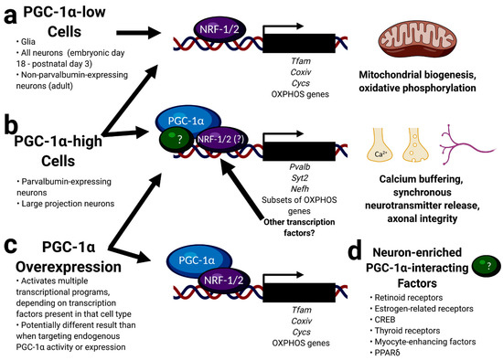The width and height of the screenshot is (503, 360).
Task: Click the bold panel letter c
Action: click(x=12, y=244)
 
